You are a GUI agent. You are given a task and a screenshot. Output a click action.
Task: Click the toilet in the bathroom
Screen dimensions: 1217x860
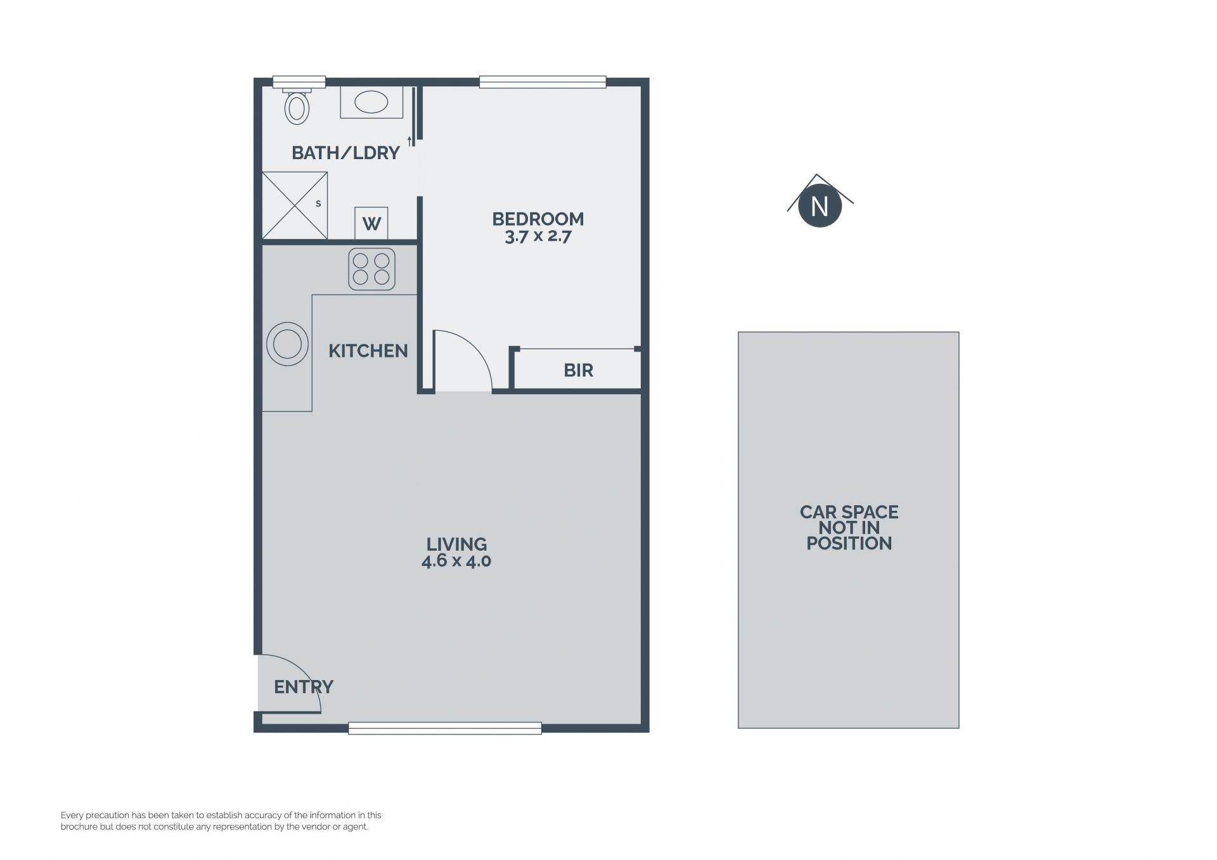297,106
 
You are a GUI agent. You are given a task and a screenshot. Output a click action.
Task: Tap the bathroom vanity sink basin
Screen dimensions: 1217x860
371,102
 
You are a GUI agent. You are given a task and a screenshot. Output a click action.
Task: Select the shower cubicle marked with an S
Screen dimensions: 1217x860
295,205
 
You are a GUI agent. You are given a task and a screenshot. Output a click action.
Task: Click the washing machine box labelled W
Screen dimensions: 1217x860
371,223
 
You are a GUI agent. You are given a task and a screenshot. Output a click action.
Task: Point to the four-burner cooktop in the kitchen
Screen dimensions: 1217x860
371,269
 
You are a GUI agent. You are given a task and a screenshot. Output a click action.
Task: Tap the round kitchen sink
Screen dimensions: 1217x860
287,344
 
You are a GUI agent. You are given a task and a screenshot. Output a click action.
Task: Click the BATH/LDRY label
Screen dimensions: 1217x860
345,153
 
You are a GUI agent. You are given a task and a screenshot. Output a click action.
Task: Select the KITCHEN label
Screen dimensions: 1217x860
368,350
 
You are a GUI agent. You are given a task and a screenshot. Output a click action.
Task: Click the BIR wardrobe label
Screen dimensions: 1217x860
578,370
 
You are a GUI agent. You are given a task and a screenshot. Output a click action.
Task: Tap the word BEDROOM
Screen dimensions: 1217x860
538,219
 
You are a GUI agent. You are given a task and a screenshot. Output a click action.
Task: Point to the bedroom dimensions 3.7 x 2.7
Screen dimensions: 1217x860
538,237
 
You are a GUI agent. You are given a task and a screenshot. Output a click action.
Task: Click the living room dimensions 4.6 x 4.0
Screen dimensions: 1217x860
456,561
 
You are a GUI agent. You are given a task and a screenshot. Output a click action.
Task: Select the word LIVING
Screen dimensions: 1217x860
456,544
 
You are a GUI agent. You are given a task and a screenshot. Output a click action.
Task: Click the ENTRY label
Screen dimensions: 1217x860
304,686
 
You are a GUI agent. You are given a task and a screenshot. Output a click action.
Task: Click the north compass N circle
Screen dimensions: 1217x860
820,206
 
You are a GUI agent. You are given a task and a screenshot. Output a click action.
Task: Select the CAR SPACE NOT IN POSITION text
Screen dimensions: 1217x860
849,527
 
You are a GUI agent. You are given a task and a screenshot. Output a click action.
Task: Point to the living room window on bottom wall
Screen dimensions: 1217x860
445,728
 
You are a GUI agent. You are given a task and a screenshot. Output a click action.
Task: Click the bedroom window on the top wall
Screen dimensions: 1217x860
543,82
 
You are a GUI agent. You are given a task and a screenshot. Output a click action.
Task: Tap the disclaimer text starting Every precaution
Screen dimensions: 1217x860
221,821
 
